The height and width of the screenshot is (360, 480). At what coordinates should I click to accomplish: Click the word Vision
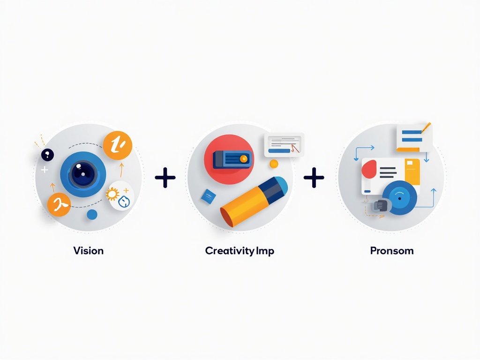(89, 251)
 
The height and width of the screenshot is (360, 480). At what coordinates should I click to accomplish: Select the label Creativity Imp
(240, 251)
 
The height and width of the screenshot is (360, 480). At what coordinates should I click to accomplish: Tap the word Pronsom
(392, 251)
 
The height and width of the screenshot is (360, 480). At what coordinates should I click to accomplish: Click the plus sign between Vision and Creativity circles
(165, 177)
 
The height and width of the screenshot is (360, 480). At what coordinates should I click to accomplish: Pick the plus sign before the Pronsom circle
(314, 177)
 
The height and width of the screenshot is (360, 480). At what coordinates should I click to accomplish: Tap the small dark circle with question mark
(47, 155)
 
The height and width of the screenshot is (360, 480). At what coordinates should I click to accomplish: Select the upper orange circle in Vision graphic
(117, 145)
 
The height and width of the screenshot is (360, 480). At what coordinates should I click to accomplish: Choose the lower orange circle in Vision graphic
(59, 204)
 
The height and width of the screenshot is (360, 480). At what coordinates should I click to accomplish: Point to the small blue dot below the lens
(92, 215)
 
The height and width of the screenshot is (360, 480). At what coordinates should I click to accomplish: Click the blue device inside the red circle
(232, 159)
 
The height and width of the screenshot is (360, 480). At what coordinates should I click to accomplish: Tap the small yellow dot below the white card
(274, 164)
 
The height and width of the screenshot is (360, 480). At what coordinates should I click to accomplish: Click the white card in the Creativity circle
(284, 145)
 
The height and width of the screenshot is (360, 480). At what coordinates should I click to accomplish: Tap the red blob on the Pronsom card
(369, 169)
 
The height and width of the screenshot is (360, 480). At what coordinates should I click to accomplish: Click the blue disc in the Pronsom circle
(399, 198)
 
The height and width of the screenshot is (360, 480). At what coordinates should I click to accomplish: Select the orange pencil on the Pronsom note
(426, 127)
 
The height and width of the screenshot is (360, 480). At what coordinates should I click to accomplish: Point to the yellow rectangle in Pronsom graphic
(412, 172)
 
